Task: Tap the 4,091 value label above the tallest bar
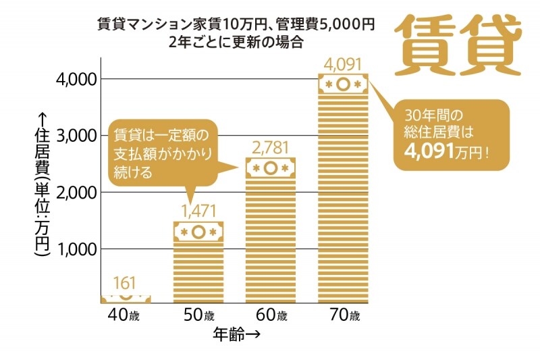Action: coord(342,65)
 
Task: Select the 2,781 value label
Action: coord(269,149)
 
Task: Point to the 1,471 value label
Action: coord(198,210)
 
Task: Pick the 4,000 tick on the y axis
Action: coord(76,79)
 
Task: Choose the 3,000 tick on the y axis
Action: coord(76,136)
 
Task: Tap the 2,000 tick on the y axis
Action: coord(76,192)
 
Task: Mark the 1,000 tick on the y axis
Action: coord(76,249)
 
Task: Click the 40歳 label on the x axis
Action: coord(126,315)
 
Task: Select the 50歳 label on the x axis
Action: coord(198,315)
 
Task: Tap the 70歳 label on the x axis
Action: coord(342,315)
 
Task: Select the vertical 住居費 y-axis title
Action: coord(41,186)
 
